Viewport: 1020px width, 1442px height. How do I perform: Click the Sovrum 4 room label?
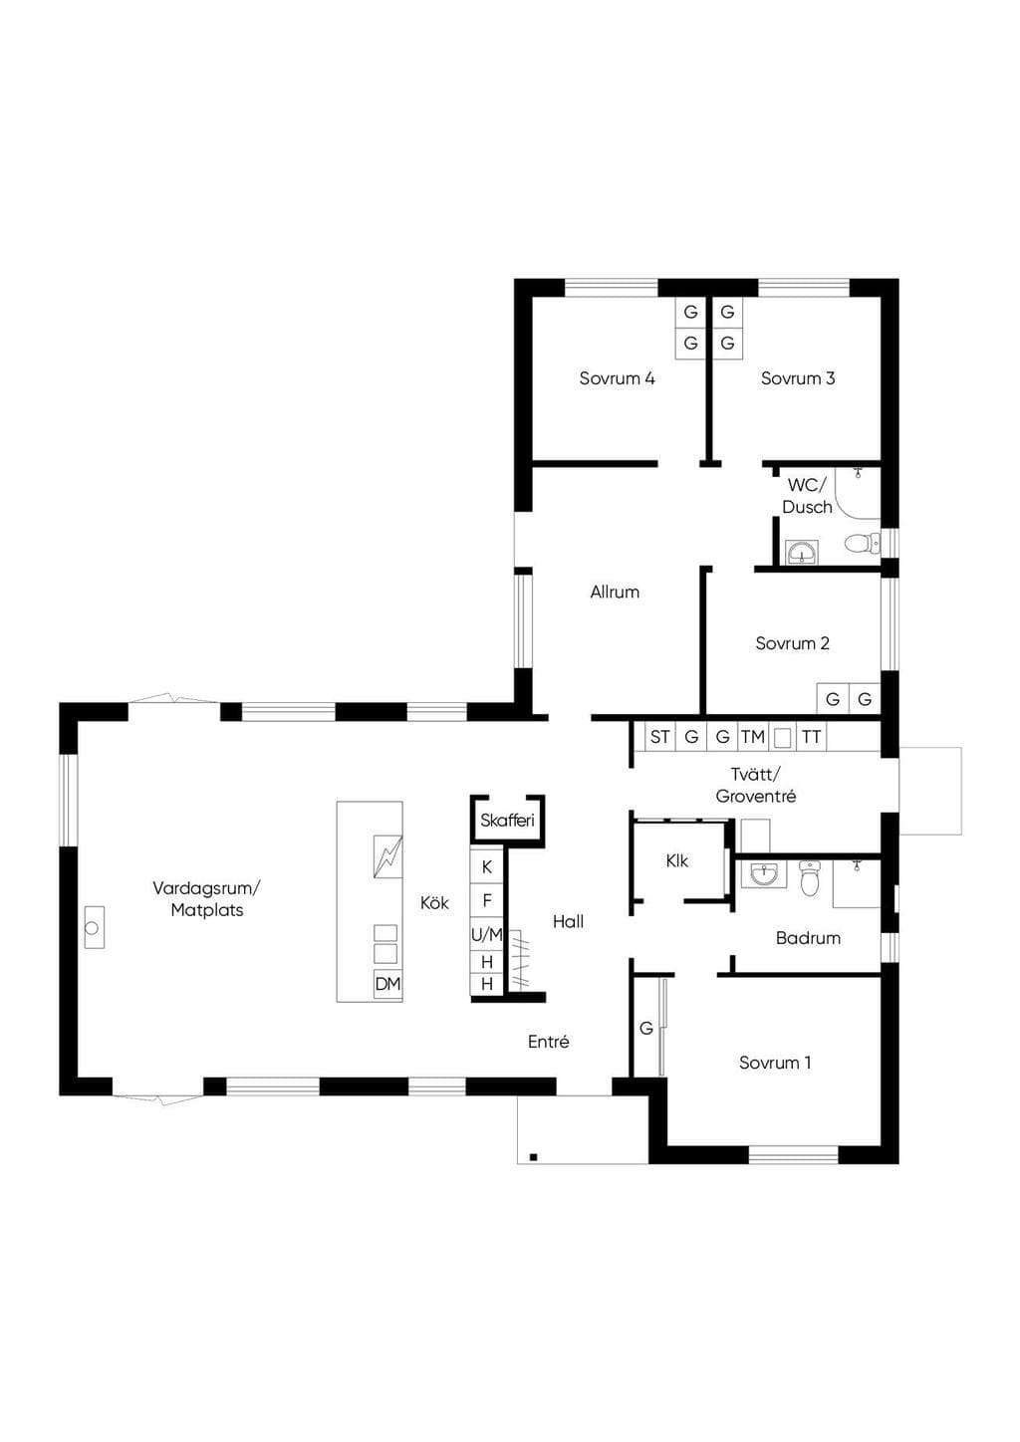click(617, 378)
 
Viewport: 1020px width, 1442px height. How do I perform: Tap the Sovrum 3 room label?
click(797, 378)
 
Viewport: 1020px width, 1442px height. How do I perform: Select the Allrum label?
click(615, 593)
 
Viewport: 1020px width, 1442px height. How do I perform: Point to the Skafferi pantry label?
click(507, 821)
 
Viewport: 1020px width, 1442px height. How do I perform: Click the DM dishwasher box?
click(387, 984)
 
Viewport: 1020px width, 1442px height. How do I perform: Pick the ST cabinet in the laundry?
click(659, 737)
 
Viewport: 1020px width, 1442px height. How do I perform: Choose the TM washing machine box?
click(752, 737)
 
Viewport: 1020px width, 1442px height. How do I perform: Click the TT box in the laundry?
click(812, 737)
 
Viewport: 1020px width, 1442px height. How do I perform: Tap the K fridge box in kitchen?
click(487, 867)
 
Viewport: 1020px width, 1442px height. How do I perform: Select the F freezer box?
click(487, 900)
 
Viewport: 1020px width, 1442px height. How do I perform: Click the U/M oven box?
click(487, 935)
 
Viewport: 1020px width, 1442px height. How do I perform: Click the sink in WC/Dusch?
click(802, 553)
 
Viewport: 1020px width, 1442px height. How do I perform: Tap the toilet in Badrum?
click(810, 877)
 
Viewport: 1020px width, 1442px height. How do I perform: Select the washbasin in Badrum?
click(764, 873)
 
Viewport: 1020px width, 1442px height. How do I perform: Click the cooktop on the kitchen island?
click(387, 856)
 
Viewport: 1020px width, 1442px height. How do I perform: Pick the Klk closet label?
click(676, 860)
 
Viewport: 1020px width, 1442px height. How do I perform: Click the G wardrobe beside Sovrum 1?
click(645, 1029)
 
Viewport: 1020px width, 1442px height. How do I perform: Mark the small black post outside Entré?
click(533, 1157)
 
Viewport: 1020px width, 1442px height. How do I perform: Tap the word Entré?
click(548, 1042)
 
